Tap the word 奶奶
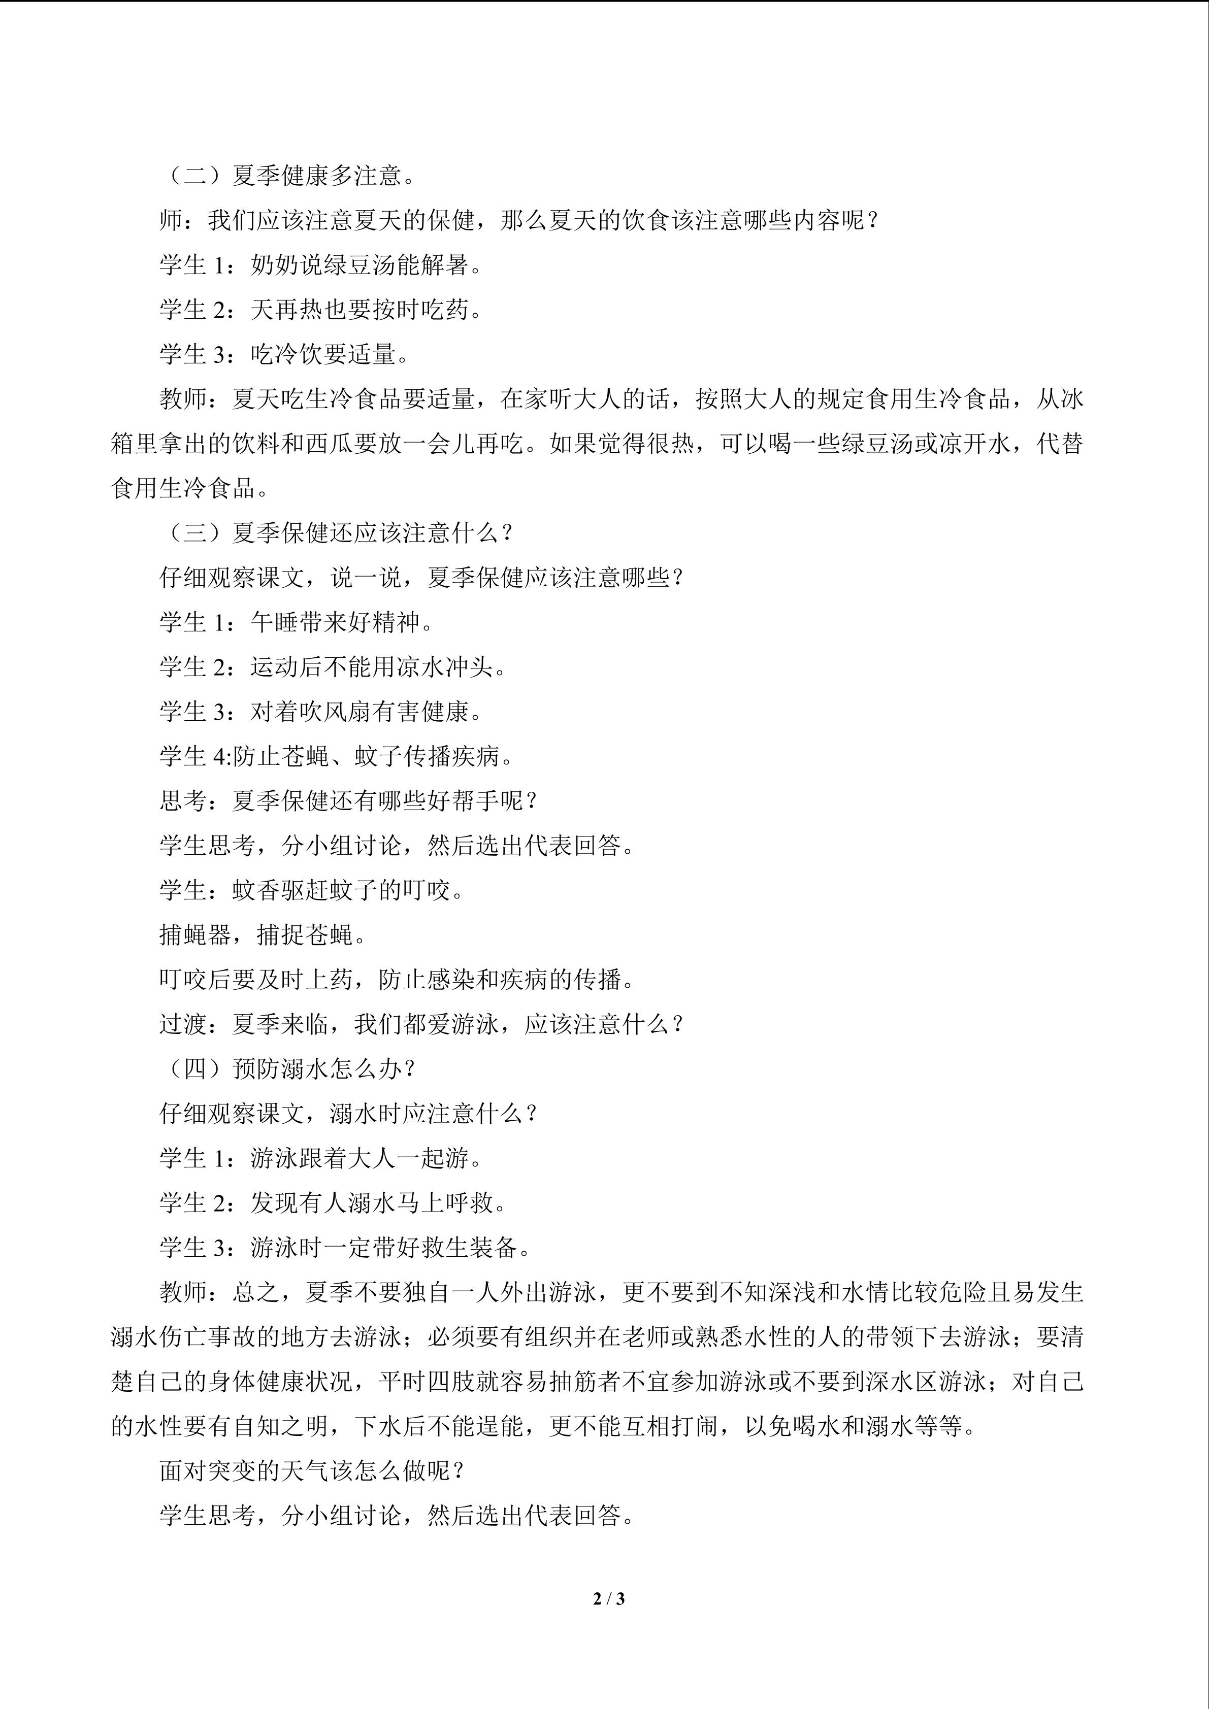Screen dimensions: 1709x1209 [x=275, y=265]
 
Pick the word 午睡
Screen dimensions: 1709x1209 [x=275, y=622]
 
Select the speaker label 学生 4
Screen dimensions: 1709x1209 [x=195, y=756]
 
